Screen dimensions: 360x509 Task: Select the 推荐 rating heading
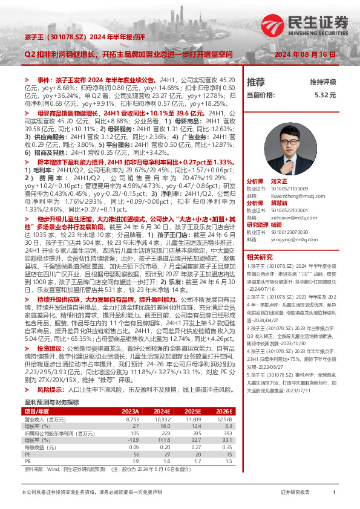pyautogui.click(x=256, y=82)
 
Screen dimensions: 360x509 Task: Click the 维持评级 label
pyautogui.click(x=322, y=82)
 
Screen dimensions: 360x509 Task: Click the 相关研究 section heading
pyautogui.click(x=259, y=257)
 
